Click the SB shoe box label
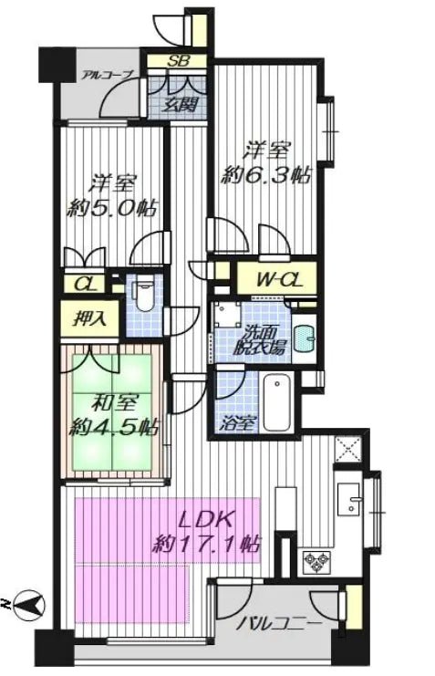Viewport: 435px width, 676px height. (x=178, y=61)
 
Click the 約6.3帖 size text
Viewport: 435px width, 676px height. (x=265, y=176)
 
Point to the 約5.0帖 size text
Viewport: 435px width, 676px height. (x=111, y=209)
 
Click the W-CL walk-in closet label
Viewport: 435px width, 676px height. (x=278, y=280)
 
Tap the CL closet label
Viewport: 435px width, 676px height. (x=88, y=284)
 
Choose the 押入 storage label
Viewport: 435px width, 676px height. (x=89, y=319)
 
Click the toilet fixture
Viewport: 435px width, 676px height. (x=144, y=295)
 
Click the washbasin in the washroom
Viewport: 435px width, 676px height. (x=305, y=338)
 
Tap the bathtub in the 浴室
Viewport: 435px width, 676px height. (x=276, y=401)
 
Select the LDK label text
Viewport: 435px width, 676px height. (x=206, y=520)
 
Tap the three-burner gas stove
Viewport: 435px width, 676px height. (x=316, y=562)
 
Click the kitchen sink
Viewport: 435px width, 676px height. (x=348, y=499)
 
